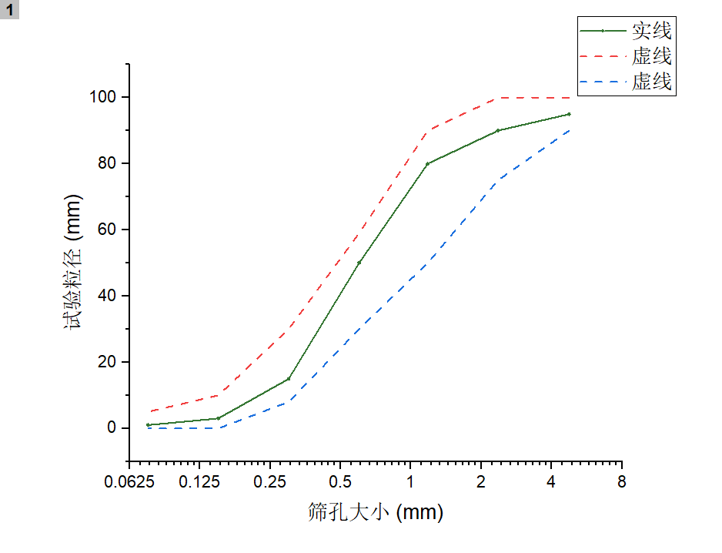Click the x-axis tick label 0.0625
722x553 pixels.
tap(129, 483)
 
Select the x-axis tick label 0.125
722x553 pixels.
tap(199, 483)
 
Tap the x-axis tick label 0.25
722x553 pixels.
tap(270, 483)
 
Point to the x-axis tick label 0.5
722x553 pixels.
tap(340, 483)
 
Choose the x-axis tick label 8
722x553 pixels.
tap(621, 483)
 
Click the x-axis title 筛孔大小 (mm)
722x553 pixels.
tap(376, 512)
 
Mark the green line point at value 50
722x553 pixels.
tap(359, 263)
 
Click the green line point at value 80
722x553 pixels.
tap(427, 163)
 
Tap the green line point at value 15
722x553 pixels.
tap(289, 378)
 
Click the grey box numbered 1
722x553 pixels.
tap(9, 9)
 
